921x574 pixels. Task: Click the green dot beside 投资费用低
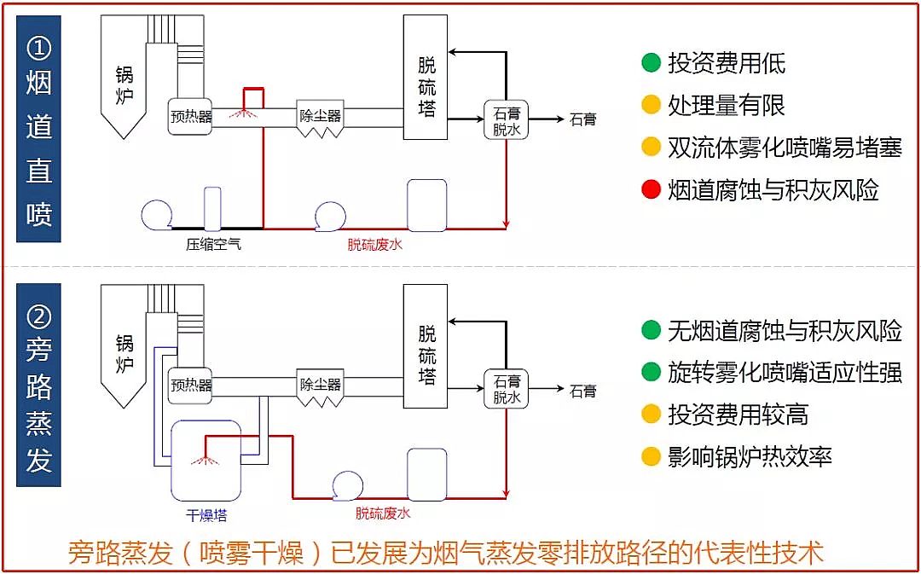point(652,63)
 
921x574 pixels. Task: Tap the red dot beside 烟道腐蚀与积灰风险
point(652,189)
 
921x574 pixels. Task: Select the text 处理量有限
point(727,105)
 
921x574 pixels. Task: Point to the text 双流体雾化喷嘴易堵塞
point(785,148)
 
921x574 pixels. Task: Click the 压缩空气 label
point(214,245)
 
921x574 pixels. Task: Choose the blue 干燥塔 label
point(206,515)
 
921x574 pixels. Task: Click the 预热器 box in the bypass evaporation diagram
point(191,386)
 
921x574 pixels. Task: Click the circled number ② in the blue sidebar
point(38,317)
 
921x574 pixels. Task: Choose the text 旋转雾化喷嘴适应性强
point(785,373)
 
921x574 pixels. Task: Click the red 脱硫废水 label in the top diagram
point(374,245)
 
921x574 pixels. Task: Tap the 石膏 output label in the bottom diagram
point(583,391)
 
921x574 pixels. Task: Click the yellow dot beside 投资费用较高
point(652,415)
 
